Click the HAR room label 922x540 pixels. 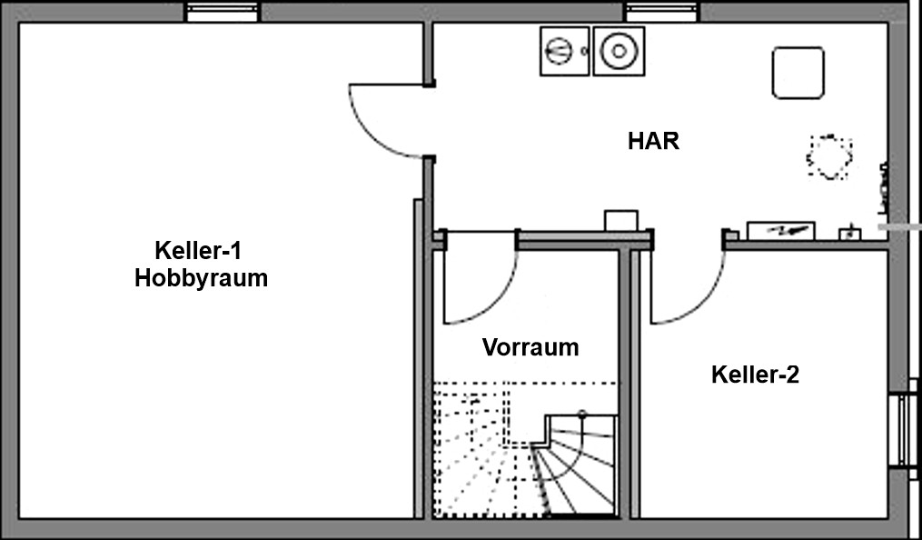pos(653,141)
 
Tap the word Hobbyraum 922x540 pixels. pos(201,278)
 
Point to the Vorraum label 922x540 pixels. pos(530,346)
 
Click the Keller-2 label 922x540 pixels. pos(755,375)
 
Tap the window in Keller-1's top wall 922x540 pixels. pos(223,12)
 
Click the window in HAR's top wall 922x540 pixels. pos(663,12)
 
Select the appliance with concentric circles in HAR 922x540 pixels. pos(620,51)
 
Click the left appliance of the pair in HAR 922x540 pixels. pos(565,51)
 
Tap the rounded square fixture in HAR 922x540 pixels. pos(798,73)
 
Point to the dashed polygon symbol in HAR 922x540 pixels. pos(830,158)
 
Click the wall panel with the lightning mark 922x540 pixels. pos(780,230)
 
